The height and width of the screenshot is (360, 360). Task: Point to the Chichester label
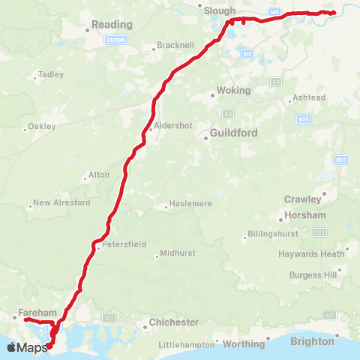pyautogui.click(x=174, y=322)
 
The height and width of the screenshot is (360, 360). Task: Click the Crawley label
pyautogui.click(x=303, y=199)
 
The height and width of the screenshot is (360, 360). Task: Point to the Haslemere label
pyautogui.click(x=193, y=204)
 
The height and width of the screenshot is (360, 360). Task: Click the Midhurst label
pyautogui.click(x=177, y=253)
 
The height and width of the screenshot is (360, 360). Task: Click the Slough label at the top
pyautogui.click(x=220, y=11)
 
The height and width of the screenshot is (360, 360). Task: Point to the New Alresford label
pyautogui.click(x=61, y=203)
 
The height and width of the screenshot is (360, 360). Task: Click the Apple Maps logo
pyautogui.click(x=27, y=347)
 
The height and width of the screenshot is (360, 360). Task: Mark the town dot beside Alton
pyautogui.click(x=85, y=178)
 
